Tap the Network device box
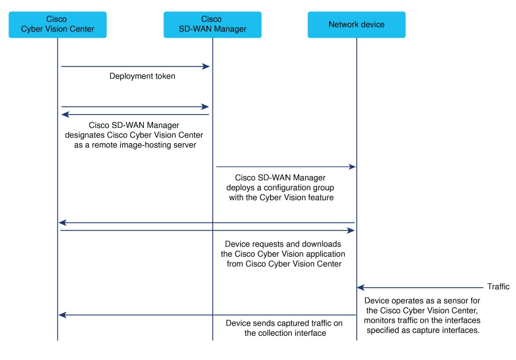pos(356,25)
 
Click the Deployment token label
pos(142,76)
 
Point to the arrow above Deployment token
pos(135,66)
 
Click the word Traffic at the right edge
pos(498,287)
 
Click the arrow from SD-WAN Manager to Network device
pos(286,167)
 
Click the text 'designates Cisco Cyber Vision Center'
pos(142,135)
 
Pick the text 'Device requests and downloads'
pos(283,244)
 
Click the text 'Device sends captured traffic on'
pos(284,323)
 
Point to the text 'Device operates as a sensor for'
pos(422,300)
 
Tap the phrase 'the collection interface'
pos(285,333)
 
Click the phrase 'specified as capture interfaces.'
pos(422,330)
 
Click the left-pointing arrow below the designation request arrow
pos(135,115)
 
